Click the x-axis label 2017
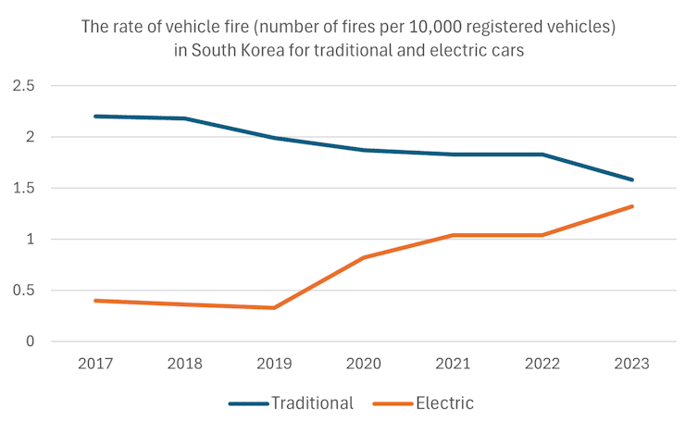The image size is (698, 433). [95, 364]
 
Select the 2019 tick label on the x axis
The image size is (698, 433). [274, 364]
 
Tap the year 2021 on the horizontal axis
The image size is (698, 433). [453, 364]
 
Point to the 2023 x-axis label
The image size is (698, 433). [631, 364]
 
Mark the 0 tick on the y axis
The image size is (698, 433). [29, 341]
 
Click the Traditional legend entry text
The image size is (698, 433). [312, 403]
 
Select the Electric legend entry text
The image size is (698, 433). [444, 403]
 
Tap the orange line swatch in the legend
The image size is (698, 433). [393, 404]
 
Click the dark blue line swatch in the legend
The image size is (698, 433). [248, 404]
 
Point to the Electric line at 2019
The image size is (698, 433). [274, 307]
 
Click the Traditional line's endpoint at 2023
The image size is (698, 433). [631, 179]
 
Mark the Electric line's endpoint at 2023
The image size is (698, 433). [631, 206]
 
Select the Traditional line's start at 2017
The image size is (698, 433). [95, 117]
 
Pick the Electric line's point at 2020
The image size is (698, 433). [364, 257]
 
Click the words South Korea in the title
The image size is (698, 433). [238, 51]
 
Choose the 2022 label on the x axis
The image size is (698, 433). [542, 364]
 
